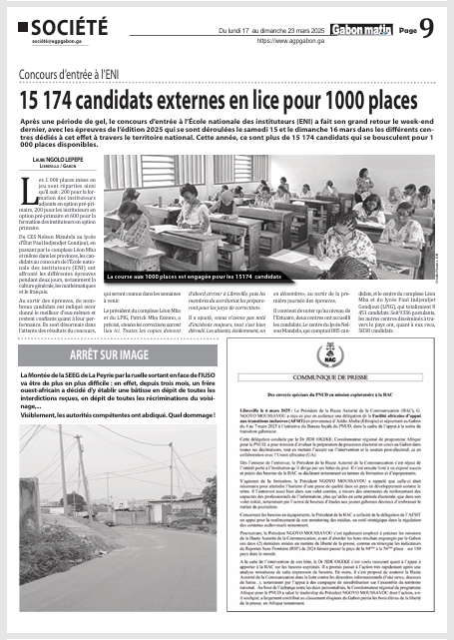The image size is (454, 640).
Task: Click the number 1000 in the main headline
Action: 345,101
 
